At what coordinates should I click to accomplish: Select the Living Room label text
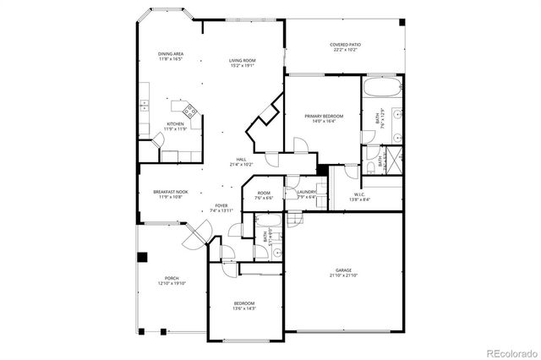[242, 61]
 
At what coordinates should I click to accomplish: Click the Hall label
[241, 159]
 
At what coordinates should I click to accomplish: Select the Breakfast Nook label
[169, 192]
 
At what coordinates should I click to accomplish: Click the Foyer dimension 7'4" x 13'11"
[221, 210]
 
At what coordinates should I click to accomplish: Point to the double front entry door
[198, 232]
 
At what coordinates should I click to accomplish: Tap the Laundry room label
[306, 193]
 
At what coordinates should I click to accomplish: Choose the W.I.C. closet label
[358, 194]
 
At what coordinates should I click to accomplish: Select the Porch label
[171, 278]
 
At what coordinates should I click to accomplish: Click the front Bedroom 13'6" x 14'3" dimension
[243, 309]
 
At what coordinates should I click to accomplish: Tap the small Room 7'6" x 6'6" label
[264, 194]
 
